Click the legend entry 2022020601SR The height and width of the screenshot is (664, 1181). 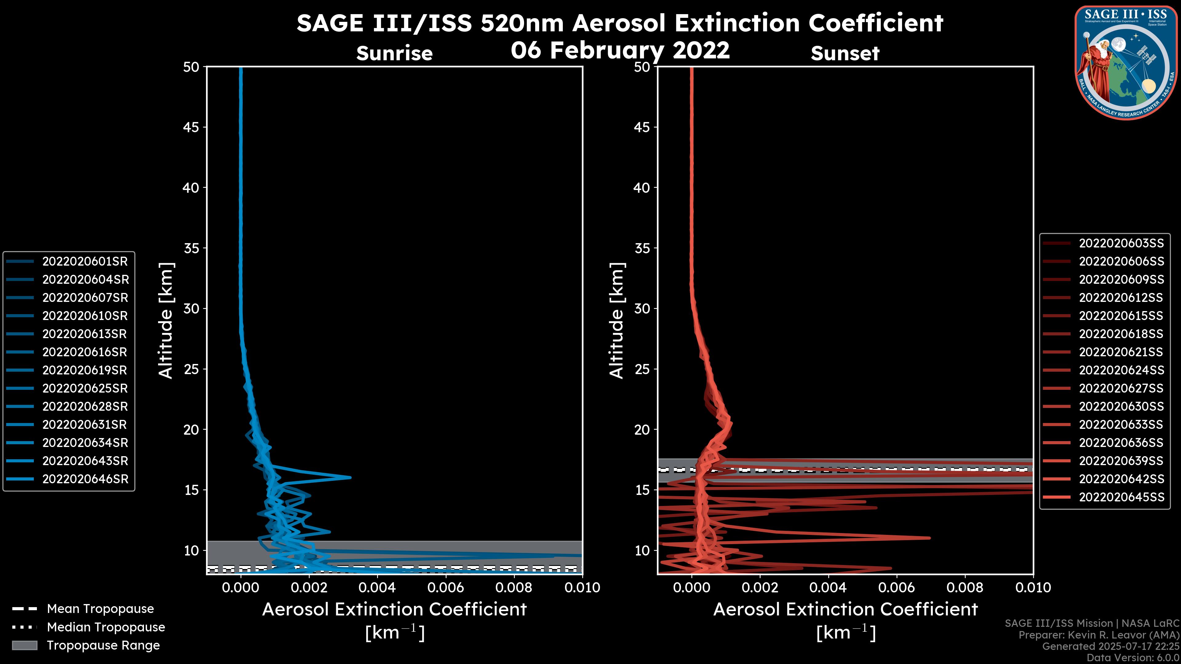(85, 261)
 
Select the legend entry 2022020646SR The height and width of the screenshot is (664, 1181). (85, 479)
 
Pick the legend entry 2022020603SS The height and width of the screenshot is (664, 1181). (1121, 243)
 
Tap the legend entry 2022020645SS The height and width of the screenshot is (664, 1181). (1121, 497)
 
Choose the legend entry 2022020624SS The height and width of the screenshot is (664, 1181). (1121, 370)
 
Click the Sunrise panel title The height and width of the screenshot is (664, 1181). (394, 53)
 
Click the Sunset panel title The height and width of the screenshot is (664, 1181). (845, 53)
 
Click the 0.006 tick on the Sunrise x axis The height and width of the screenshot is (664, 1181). (446, 587)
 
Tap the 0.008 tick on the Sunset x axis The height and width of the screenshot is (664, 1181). (965, 587)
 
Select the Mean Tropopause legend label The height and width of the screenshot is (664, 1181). (100, 609)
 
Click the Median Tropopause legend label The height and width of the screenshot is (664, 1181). (106, 627)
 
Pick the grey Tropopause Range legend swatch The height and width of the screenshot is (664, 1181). (24, 645)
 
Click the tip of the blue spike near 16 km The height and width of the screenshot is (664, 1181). (351, 477)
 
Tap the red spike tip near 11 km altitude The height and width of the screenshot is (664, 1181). (930, 538)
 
